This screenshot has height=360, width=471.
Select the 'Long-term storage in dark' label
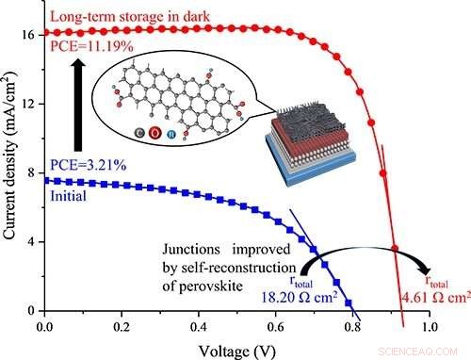pyautogui.click(x=120, y=15)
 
